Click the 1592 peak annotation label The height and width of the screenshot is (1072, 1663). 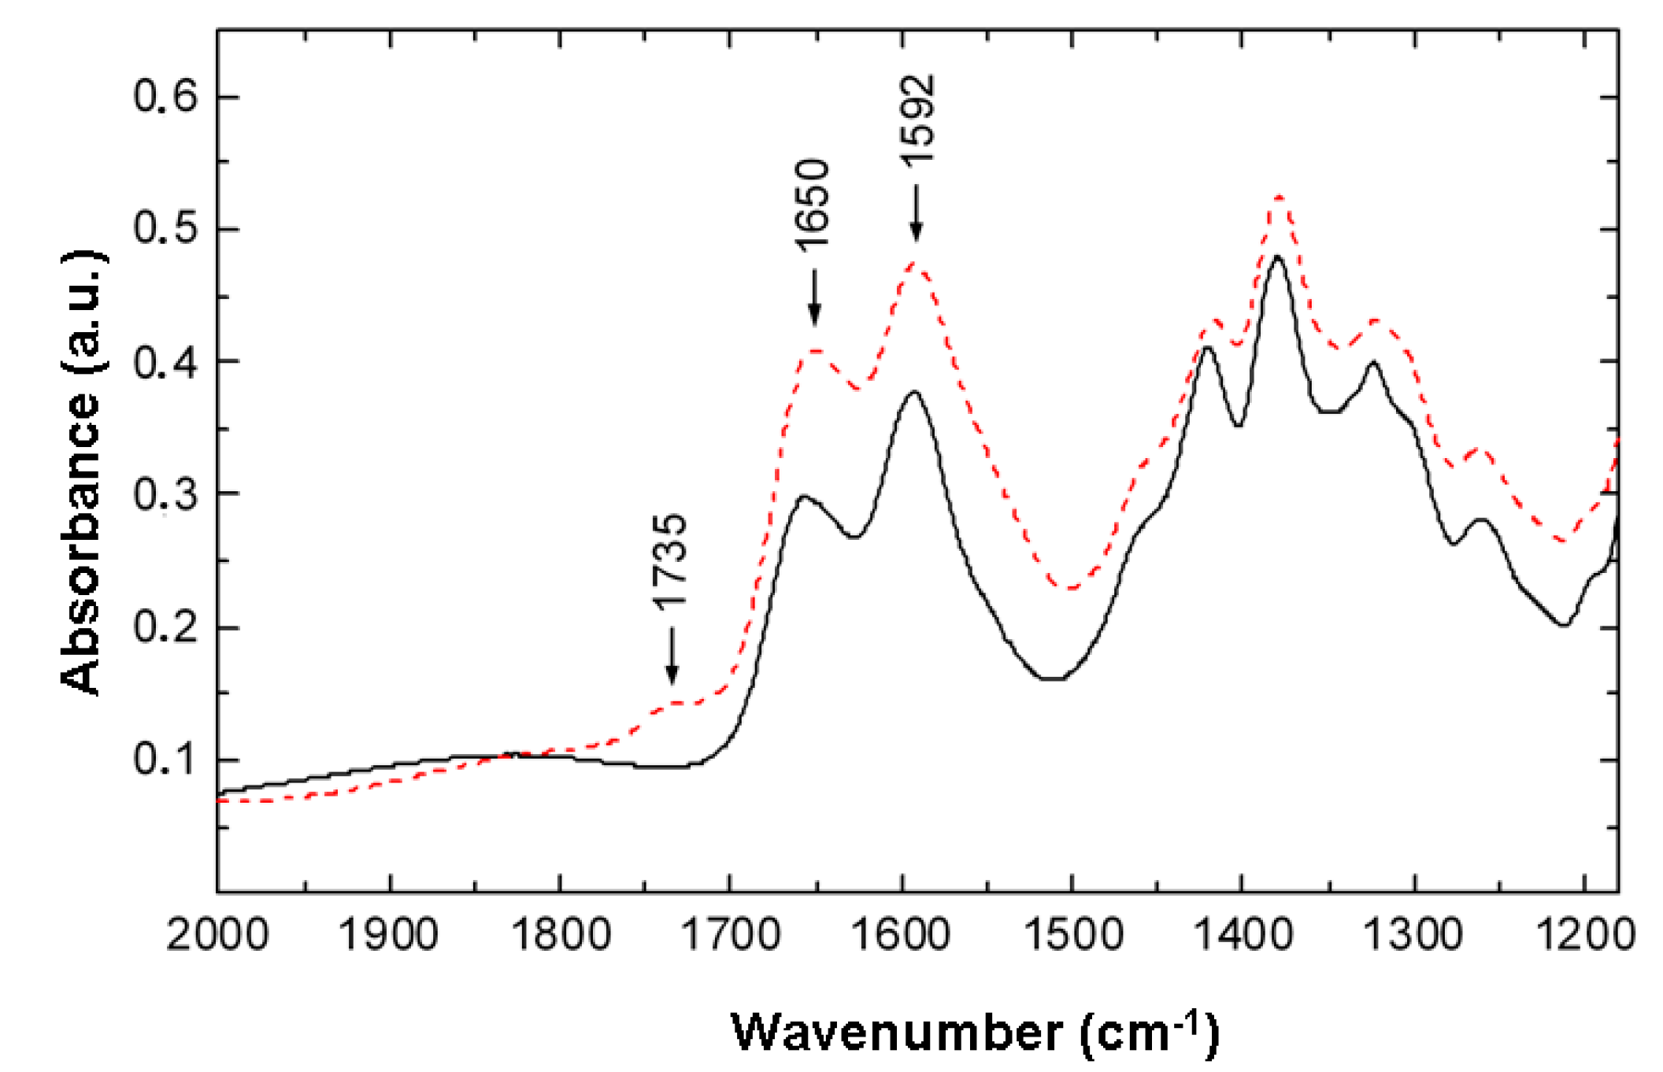tap(918, 120)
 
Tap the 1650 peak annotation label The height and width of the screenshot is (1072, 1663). tap(813, 205)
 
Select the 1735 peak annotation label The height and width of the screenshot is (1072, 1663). tap(671, 561)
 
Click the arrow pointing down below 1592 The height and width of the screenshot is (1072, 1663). tap(916, 213)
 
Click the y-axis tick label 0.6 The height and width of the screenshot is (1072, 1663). tap(165, 98)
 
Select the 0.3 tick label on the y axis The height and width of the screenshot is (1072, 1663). tap(165, 495)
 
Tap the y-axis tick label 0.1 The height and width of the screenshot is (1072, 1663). tap(165, 760)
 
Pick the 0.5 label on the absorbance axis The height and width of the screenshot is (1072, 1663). tap(165, 230)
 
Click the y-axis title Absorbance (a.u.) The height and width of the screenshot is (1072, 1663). tap(82, 472)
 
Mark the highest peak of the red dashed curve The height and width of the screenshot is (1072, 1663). tap(1279, 197)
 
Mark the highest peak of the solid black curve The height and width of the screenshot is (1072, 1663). tap(1277, 257)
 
